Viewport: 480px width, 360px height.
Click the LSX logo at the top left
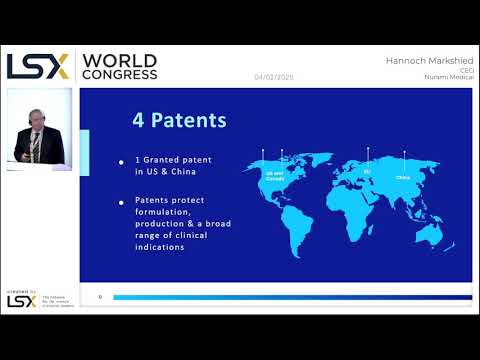[38, 67]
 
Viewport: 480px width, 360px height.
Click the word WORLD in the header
[117, 60]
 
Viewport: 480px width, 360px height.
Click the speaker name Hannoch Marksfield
[427, 61]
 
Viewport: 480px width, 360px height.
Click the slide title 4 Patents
[179, 120]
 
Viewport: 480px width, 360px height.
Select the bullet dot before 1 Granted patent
[122, 161]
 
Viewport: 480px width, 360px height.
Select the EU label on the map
[366, 172]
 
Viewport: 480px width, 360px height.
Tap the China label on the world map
[403, 179]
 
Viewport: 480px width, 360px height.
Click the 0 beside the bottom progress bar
[99, 297]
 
